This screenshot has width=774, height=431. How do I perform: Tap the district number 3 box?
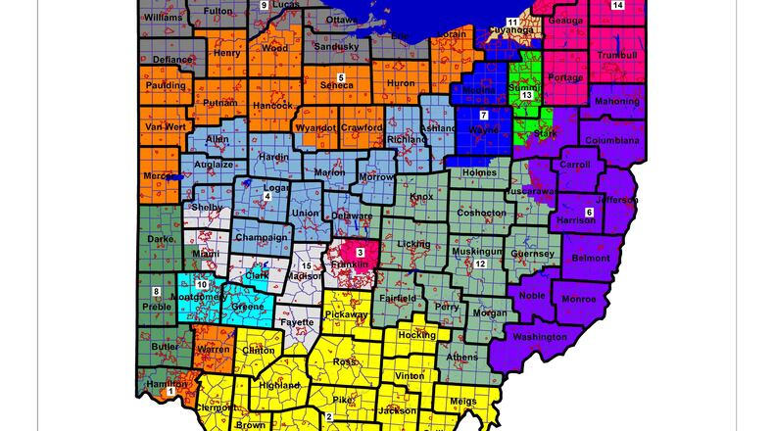tap(361, 253)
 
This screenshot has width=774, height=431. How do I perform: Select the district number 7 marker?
tap(483, 116)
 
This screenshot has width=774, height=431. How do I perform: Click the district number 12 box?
tap(480, 264)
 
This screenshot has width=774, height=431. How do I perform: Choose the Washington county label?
tap(540, 337)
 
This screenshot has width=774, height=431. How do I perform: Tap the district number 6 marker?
tap(589, 213)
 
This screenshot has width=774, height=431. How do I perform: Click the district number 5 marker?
tap(341, 76)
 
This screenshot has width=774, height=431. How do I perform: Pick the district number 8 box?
tap(156, 292)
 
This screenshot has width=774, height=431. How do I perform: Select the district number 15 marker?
tap(306, 266)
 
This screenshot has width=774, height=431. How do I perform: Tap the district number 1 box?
tap(171, 391)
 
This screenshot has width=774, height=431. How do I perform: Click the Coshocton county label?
tap(481, 213)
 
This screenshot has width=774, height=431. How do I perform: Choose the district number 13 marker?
tap(526, 95)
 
